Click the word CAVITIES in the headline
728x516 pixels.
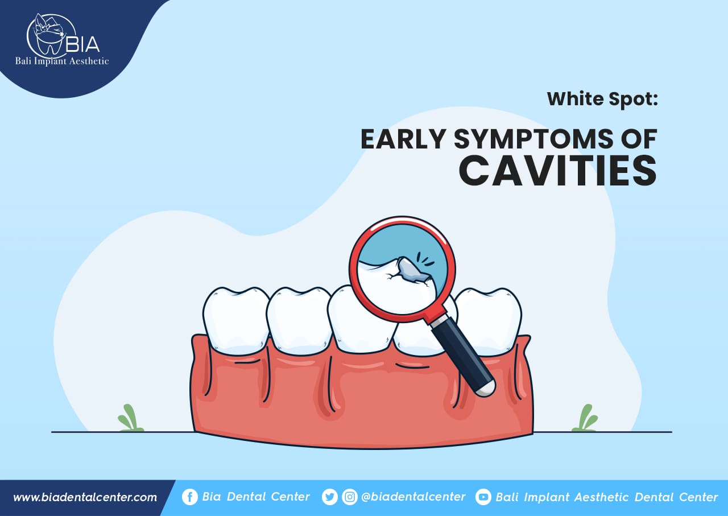[x=558, y=170]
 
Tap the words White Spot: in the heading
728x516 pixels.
[x=602, y=99]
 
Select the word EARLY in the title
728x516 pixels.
[x=403, y=139]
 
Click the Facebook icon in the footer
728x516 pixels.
[x=190, y=497]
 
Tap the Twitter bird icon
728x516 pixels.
[x=329, y=497]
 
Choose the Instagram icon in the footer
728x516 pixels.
[x=350, y=497]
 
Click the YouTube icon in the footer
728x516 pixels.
[x=483, y=497]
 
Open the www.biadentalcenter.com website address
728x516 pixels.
[x=85, y=497]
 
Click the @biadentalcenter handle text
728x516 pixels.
[x=413, y=497]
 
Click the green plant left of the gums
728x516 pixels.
[x=130, y=418]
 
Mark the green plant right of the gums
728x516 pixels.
[x=585, y=418]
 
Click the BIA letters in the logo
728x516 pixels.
[x=82, y=44]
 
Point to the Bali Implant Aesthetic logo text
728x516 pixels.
[x=62, y=61]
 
